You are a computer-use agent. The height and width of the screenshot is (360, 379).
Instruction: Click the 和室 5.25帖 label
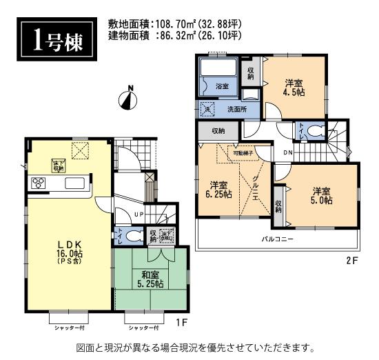tap(149, 279)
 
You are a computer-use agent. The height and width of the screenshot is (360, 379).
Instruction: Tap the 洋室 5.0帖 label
tap(321, 195)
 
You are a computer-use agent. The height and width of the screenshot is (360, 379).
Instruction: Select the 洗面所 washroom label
tap(238, 108)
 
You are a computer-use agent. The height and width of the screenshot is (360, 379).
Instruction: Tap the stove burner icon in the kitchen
tap(38, 183)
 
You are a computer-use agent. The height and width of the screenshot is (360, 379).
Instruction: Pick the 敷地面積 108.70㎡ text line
tap(175, 23)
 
